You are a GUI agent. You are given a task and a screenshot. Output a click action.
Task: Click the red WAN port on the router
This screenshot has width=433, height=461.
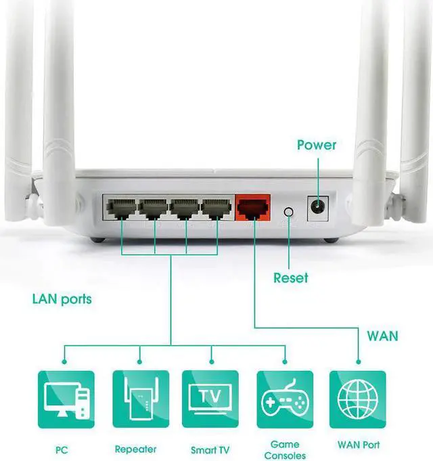[252, 208]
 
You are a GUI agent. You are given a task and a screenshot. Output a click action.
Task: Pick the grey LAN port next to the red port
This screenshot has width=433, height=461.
[217, 208]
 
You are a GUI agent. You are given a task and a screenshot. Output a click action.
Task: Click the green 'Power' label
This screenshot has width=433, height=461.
[317, 145]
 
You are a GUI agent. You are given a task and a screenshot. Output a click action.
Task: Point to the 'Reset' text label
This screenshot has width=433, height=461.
[290, 278]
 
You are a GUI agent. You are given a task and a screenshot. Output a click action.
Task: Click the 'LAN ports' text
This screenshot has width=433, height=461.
[62, 299]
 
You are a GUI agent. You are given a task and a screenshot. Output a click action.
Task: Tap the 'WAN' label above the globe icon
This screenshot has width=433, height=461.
[382, 336]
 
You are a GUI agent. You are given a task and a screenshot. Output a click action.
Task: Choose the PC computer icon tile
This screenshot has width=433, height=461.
[66, 399]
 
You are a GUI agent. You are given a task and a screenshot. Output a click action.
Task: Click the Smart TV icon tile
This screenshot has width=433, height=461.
[210, 399]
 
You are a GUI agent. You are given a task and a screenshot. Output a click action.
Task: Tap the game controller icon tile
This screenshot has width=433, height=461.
[285, 399]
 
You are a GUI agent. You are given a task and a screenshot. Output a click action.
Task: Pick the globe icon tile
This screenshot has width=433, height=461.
[357, 399]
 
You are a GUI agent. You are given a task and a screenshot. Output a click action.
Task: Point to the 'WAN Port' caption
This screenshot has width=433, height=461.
[358, 445]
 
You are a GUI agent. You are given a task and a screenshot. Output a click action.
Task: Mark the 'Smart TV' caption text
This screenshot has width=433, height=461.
[210, 449]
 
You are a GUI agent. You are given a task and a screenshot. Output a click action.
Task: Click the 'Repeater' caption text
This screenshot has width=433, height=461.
[135, 449]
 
